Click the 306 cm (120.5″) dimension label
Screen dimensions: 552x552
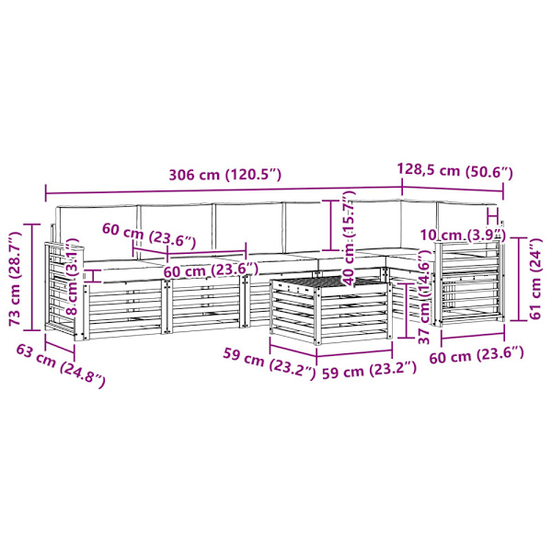[x=225, y=175]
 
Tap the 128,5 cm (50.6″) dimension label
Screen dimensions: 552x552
[x=454, y=171]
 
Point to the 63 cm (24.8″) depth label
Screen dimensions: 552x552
[x=61, y=366]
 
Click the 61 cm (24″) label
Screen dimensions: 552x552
[x=535, y=279]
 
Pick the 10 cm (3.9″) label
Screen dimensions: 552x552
[x=463, y=235]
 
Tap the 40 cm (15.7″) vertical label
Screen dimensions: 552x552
[x=349, y=237]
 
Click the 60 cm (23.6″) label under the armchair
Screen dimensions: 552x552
[x=477, y=355]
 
